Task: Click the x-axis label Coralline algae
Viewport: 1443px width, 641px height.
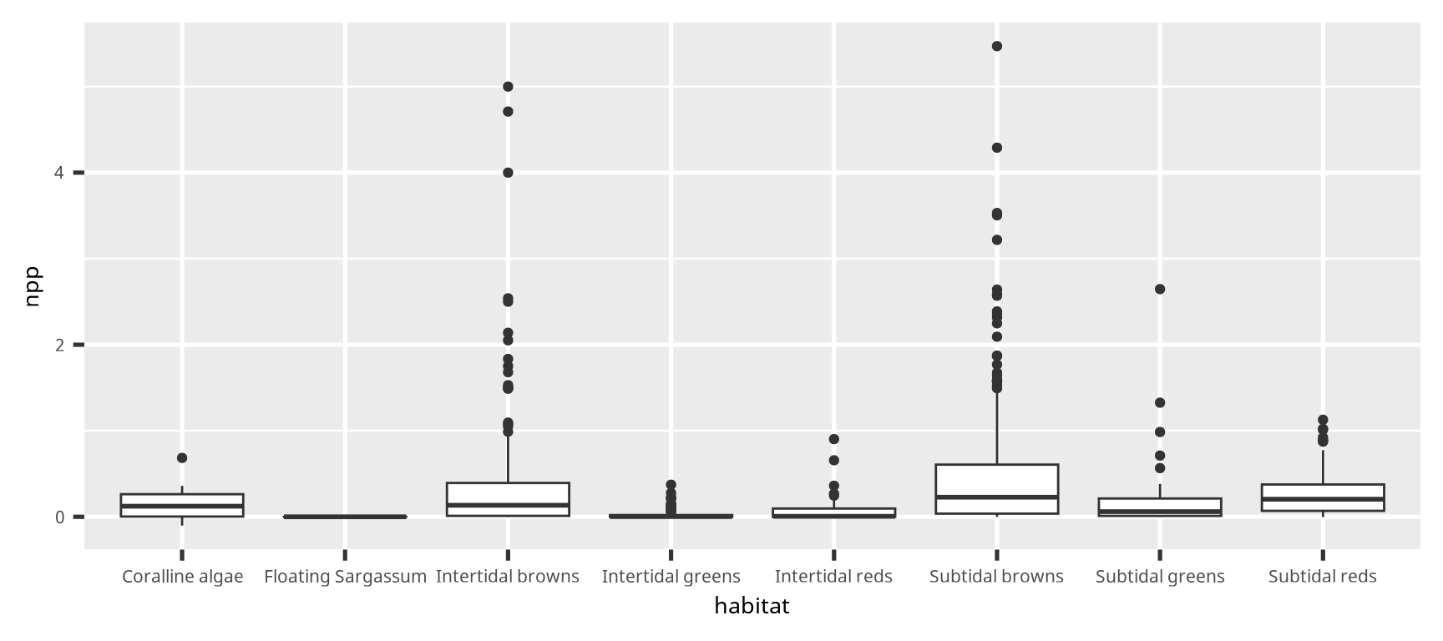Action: pos(182,577)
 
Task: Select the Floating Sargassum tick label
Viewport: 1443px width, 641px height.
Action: pos(345,577)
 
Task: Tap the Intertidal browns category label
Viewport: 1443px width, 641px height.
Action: pos(508,577)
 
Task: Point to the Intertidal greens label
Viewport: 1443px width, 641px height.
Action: pos(671,577)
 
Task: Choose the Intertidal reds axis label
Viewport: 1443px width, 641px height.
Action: pos(833,577)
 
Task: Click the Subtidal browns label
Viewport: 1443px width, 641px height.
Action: pos(996,577)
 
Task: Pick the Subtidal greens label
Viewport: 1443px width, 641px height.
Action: pos(1160,577)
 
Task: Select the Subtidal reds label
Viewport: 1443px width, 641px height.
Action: pos(1322,577)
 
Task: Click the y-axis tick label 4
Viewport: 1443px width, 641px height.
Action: pos(58,173)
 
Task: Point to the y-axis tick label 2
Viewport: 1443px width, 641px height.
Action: pos(58,345)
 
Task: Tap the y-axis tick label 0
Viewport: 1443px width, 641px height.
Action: pos(58,517)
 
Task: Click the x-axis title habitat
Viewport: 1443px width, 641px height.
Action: pos(752,607)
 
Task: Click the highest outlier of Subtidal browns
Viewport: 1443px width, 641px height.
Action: pos(997,46)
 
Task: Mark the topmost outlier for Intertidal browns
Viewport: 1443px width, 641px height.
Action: pos(508,87)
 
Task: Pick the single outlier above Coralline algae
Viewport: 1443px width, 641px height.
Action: pos(182,458)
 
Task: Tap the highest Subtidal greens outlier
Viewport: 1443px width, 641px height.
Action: pos(1160,290)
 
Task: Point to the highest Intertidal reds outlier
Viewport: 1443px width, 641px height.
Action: pos(834,439)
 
